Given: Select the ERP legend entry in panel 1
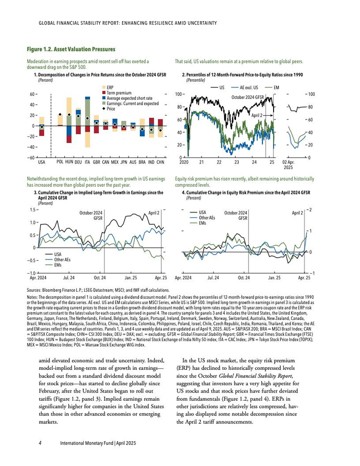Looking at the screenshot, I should [x=110, y=87].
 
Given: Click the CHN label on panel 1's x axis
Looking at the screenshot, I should [x=160, y=162].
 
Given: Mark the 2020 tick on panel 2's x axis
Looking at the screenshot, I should [x=184, y=162].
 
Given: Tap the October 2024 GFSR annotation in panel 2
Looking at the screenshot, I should [x=247, y=97].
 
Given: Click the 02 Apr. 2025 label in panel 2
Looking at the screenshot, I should [x=288, y=165].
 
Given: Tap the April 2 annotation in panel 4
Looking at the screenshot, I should [x=298, y=212].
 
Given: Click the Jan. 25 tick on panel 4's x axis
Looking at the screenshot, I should [x=274, y=278].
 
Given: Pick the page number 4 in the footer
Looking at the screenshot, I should [x=40, y=442].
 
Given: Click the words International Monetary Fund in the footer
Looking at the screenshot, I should [x=85, y=442].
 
